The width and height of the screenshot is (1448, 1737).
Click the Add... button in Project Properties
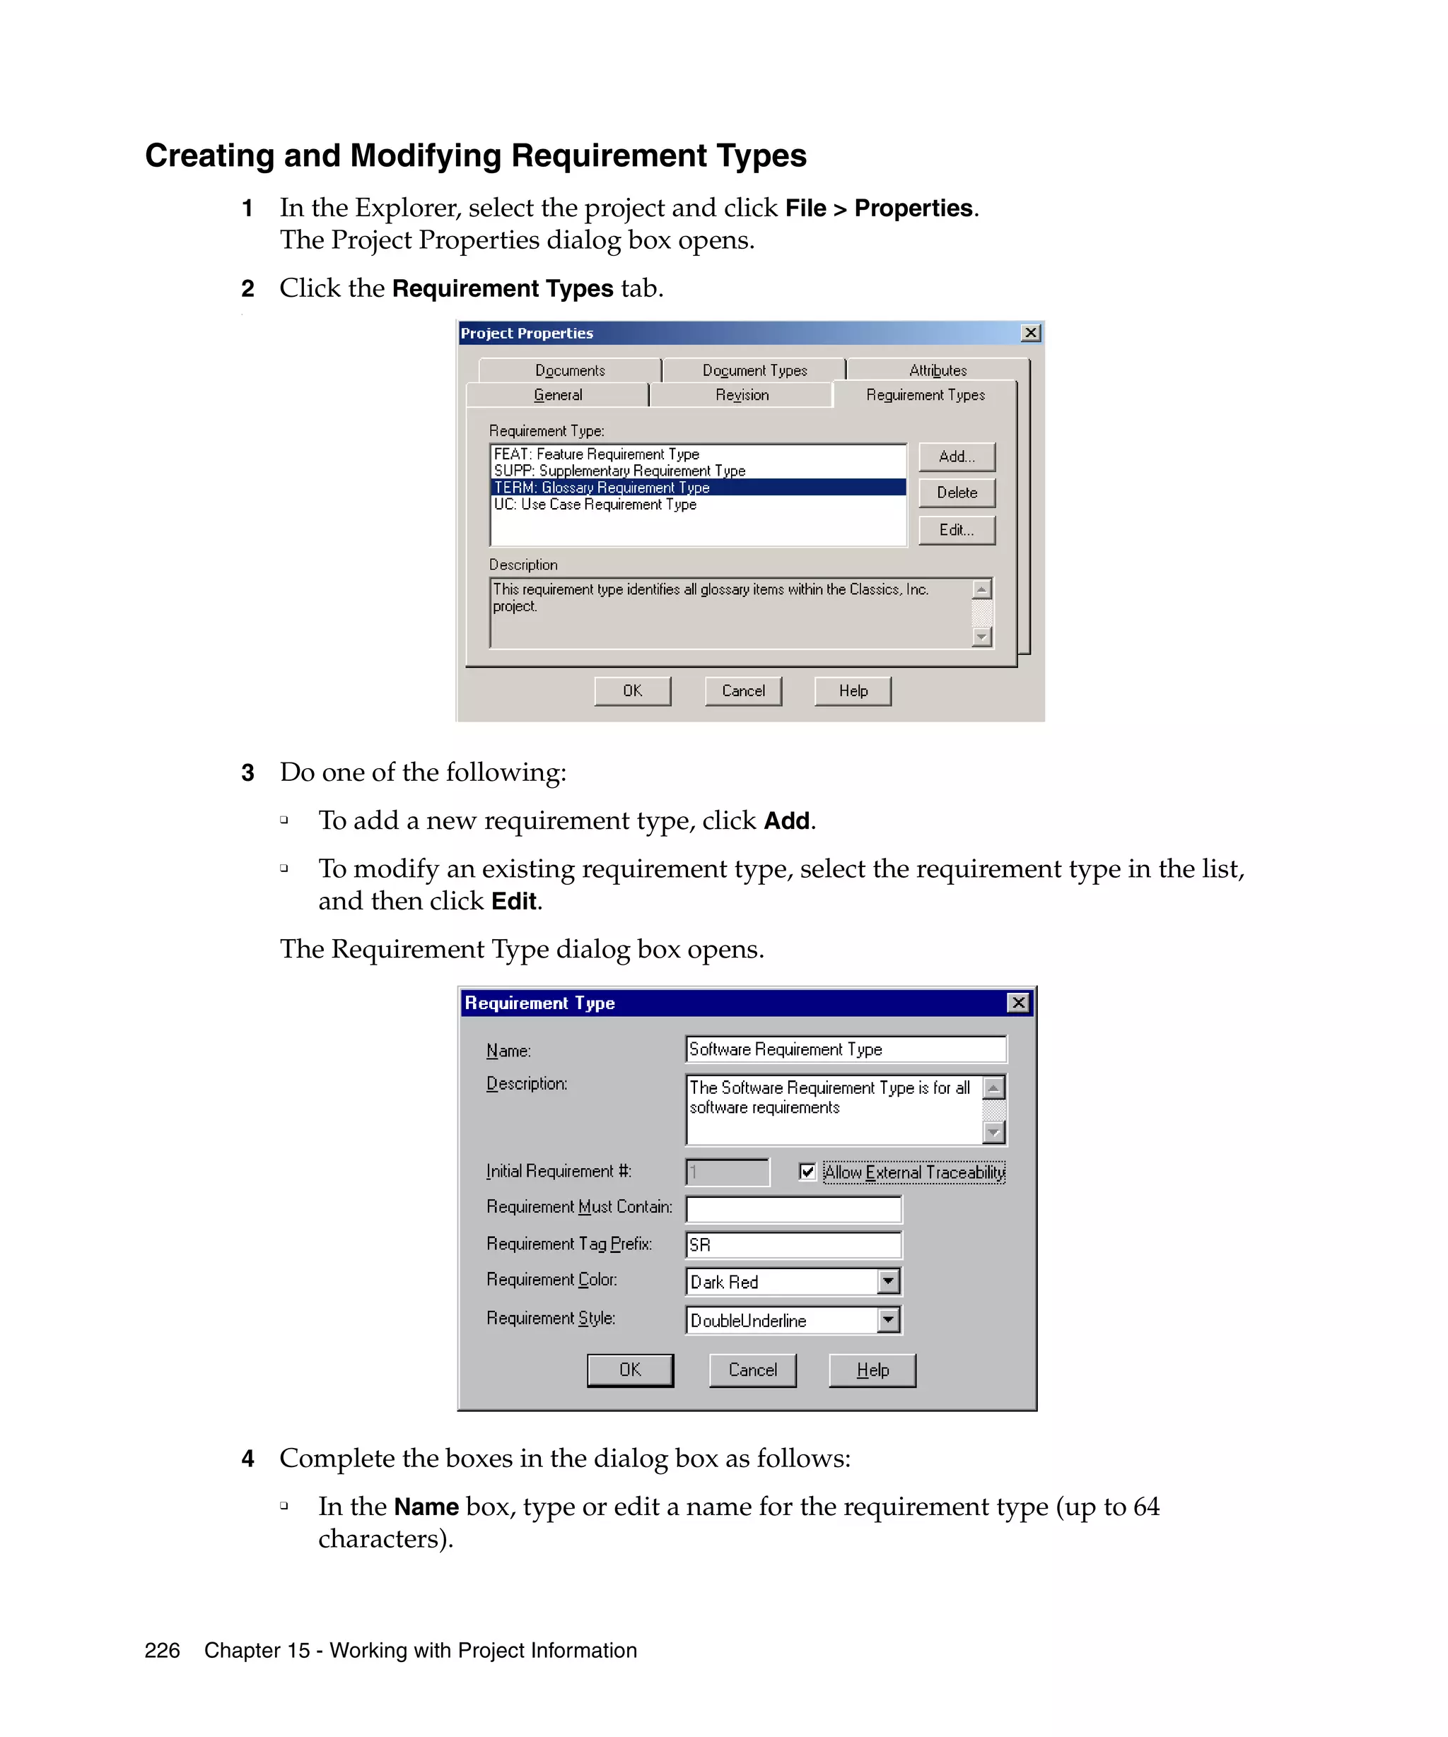click(956, 457)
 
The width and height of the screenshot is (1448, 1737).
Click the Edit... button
click(956, 530)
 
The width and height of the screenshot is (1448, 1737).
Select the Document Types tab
click(754, 370)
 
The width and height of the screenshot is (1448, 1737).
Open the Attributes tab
click(937, 370)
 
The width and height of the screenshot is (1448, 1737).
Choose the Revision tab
click(742, 395)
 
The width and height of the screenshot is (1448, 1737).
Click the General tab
click(558, 395)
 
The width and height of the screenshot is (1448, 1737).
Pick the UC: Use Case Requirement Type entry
click(594, 505)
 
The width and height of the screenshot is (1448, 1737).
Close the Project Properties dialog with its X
click(1030, 334)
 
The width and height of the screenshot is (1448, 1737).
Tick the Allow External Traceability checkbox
click(807, 1172)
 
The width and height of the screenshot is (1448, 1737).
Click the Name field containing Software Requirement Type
click(845, 1049)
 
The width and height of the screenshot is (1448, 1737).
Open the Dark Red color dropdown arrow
click(888, 1282)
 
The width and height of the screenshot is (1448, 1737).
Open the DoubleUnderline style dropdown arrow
click(888, 1320)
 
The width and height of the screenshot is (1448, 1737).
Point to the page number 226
click(161, 1651)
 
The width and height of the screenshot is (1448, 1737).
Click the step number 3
click(247, 773)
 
